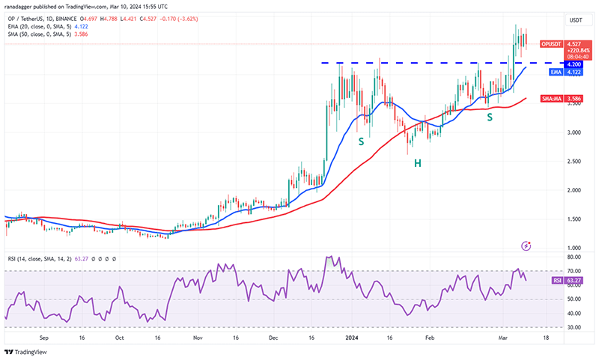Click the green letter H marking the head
tap(418, 162)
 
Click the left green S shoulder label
tap(361, 141)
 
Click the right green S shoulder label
tap(490, 117)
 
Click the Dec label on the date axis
tap(273, 338)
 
